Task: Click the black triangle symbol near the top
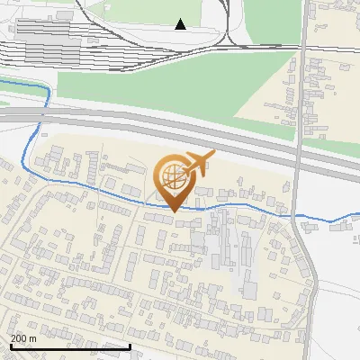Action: pyautogui.click(x=181, y=23)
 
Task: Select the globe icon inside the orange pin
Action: pyautogui.click(x=173, y=175)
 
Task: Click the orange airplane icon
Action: pyautogui.click(x=199, y=162)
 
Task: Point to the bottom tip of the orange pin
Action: pyautogui.click(x=173, y=211)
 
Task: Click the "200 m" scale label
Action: pyautogui.click(x=24, y=338)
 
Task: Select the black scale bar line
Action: pyautogui.click(x=70, y=346)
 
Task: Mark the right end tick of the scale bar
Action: pyautogui.click(x=130, y=345)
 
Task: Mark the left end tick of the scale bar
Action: pyautogui.click(x=10, y=345)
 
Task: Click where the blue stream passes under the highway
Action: pyautogui.click(x=42, y=115)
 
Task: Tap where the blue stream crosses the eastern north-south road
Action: pyautogui.click(x=296, y=217)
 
